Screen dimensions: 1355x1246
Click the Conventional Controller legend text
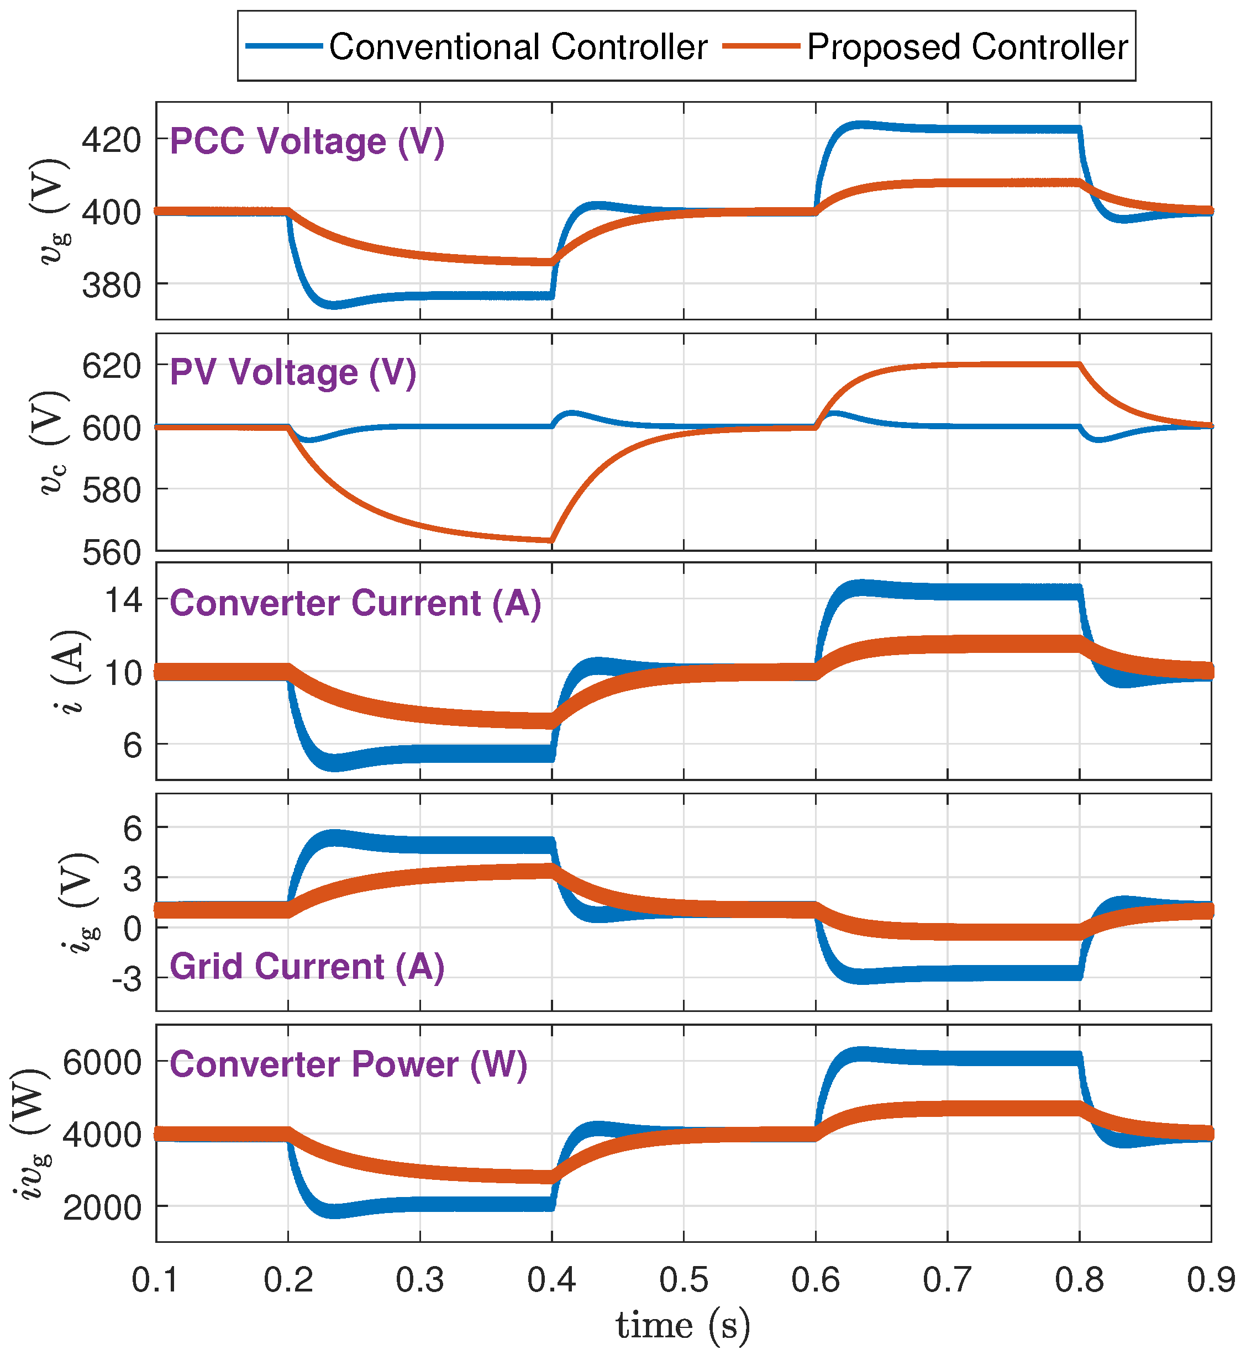[x=518, y=47]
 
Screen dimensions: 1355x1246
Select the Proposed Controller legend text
[x=967, y=47]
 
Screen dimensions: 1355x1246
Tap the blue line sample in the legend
[x=284, y=46]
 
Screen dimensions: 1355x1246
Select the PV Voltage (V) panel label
[x=293, y=373]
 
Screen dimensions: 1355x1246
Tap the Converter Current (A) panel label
[x=355, y=603]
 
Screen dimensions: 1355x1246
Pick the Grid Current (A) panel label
[x=307, y=967]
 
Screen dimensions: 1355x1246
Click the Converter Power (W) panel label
[x=348, y=1064]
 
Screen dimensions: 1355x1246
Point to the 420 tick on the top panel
[x=111, y=140]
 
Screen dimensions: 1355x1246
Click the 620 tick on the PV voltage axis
[x=111, y=366]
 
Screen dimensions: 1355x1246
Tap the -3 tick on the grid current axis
[x=126, y=979]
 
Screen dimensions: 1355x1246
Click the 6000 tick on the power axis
[x=102, y=1063]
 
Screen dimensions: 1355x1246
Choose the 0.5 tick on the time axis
[x=684, y=1279]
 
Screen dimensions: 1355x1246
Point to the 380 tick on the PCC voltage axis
[x=111, y=286]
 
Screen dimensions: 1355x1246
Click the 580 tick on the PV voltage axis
[x=111, y=491]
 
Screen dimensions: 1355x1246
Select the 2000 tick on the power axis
[x=102, y=1208]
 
